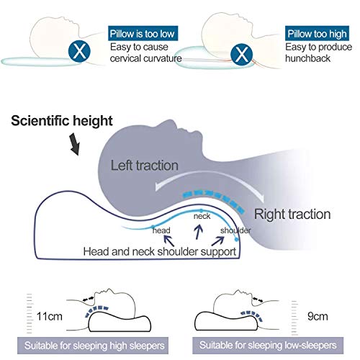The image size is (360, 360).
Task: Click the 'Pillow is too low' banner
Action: pos(143,33)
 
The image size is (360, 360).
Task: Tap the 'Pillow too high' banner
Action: pos(317,33)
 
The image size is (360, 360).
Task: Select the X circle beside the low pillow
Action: pos(79,51)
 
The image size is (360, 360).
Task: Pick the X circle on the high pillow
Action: pos(241,55)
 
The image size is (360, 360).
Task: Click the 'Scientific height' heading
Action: pos(62,120)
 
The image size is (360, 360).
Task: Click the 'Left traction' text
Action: pos(144,166)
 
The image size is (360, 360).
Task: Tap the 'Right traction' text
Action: pos(292,214)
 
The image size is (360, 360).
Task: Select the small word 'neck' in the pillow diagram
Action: pos(202,216)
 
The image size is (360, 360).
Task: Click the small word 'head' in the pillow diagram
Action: pos(161,230)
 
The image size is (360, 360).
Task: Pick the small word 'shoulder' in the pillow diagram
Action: pos(235,230)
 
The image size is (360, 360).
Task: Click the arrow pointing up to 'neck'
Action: pos(198,232)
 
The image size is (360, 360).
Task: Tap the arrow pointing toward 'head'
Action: pos(169,240)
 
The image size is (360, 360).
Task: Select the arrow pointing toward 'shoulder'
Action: pos(217,241)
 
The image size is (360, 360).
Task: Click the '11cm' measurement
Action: pos(50,316)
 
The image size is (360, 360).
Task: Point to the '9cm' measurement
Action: pos(318,316)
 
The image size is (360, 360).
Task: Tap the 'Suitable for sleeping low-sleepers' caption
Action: pos(268,346)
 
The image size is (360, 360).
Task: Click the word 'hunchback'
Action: pos(307,58)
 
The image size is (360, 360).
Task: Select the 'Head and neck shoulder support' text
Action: pos(160,251)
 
